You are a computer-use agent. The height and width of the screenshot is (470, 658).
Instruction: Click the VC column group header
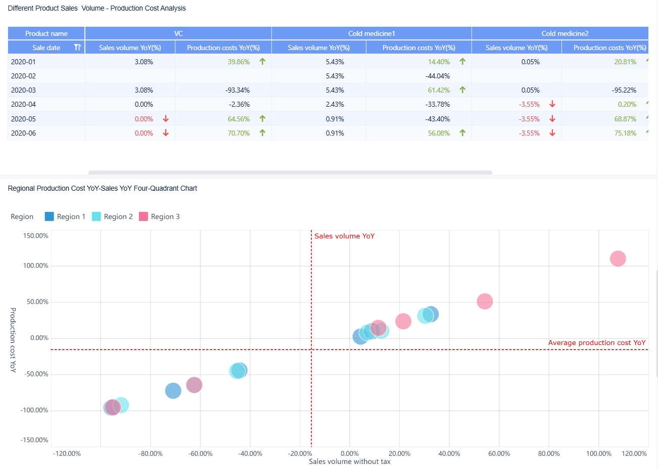click(x=178, y=33)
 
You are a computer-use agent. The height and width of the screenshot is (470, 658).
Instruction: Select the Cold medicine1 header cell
click(x=371, y=33)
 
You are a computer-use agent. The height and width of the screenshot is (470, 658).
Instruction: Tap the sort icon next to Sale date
click(x=77, y=48)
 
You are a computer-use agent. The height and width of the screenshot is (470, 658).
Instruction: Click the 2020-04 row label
click(x=23, y=104)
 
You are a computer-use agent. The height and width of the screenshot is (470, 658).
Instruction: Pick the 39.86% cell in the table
click(x=239, y=62)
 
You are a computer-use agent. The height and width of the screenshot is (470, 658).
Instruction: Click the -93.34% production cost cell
click(x=237, y=90)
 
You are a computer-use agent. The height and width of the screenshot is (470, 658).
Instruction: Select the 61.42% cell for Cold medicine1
click(x=439, y=90)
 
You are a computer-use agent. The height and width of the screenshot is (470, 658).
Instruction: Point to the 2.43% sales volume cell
click(x=335, y=104)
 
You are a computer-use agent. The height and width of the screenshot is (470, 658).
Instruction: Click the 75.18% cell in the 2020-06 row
click(x=625, y=133)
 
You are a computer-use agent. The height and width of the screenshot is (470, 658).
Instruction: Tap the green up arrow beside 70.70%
click(x=262, y=133)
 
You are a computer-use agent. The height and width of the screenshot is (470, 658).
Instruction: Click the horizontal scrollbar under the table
click(x=290, y=173)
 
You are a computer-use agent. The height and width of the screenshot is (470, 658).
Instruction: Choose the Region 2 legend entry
click(x=112, y=217)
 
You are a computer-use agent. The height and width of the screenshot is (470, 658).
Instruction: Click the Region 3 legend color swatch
click(x=144, y=217)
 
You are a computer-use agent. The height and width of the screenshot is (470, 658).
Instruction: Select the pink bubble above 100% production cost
click(x=618, y=259)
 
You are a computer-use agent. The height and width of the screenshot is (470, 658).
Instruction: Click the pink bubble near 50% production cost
click(x=485, y=302)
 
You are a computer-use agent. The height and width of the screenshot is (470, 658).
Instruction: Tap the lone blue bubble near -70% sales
click(x=173, y=391)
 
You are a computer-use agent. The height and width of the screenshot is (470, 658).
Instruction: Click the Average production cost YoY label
click(x=597, y=343)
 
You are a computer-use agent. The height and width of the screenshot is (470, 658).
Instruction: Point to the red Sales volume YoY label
click(x=344, y=236)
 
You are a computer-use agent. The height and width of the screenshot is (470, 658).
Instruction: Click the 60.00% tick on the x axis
click(x=499, y=453)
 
